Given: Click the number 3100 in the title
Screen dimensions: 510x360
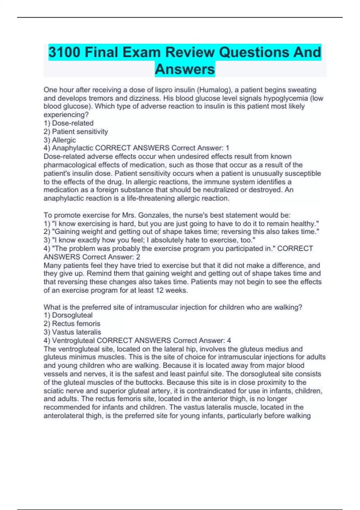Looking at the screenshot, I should tap(64, 52).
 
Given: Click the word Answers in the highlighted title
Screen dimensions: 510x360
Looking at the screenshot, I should tap(185, 69).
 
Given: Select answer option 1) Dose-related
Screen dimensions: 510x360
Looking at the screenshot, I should tap(68, 123).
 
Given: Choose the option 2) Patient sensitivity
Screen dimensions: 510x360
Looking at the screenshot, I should tap(76, 131).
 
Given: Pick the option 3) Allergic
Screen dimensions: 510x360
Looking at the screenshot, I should tap(60, 140).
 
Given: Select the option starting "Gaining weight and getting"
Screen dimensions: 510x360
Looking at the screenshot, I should tap(181, 232).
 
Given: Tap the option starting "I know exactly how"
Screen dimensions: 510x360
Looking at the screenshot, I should tap(149, 240).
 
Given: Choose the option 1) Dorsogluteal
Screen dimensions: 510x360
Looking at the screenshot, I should tap(68, 315).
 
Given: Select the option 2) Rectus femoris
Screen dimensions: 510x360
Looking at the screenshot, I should tap(72, 323).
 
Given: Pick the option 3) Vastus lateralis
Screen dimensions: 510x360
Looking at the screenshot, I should tap(72, 332).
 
